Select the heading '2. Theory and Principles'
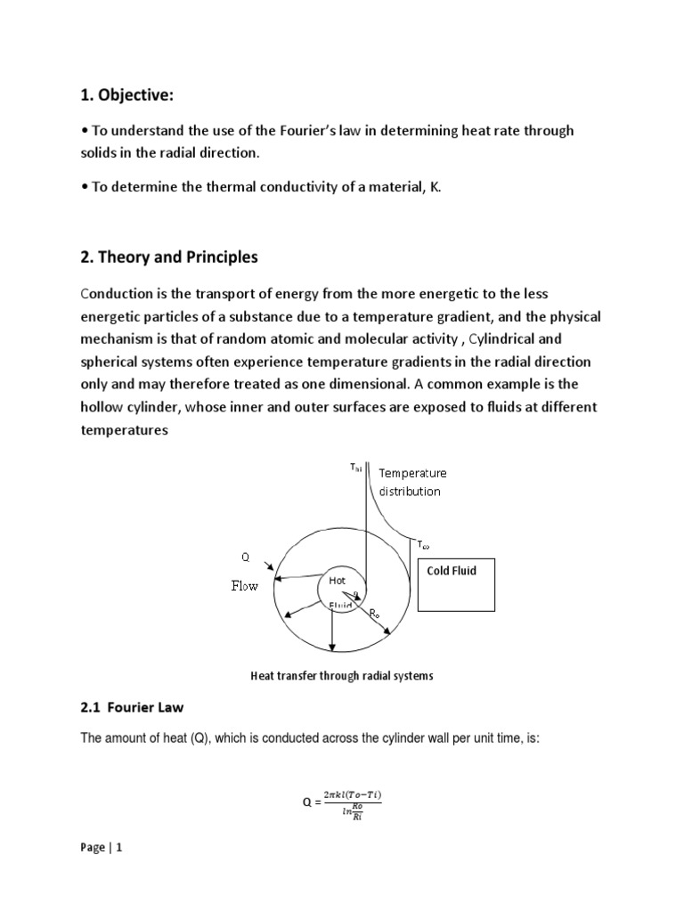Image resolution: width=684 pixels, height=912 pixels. tap(168, 257)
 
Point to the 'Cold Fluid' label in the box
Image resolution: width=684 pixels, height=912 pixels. tap(452, 571)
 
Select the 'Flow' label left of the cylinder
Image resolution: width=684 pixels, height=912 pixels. tap(244, 587)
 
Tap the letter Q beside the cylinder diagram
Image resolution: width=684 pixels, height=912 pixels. tap(247, 558)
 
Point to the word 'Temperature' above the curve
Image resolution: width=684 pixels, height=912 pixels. tap(413, 474)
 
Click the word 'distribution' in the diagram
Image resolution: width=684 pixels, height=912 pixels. tap(410, 491)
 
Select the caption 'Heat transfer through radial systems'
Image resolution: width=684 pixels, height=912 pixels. tap(341, 676)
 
